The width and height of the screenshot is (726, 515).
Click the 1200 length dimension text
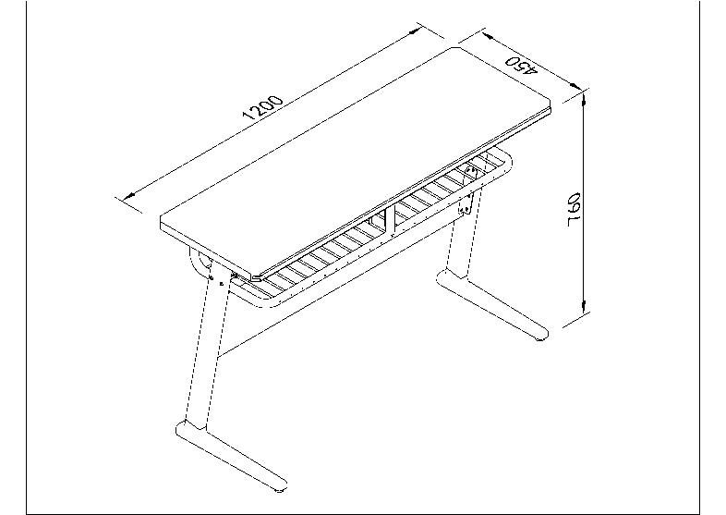[262, 107]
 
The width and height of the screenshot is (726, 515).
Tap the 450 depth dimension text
[521, 65]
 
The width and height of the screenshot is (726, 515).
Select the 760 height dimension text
[574, 210]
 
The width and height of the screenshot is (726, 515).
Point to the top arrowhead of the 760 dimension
[585, 98]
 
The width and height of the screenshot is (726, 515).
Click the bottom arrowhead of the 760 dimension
[585, 307]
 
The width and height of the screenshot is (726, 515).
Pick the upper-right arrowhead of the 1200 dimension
[415, 31]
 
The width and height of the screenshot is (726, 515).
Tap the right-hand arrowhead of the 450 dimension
[575, 85]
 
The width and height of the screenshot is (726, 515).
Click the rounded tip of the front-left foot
[279, 485]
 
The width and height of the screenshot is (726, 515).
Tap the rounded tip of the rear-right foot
[540, 335]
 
